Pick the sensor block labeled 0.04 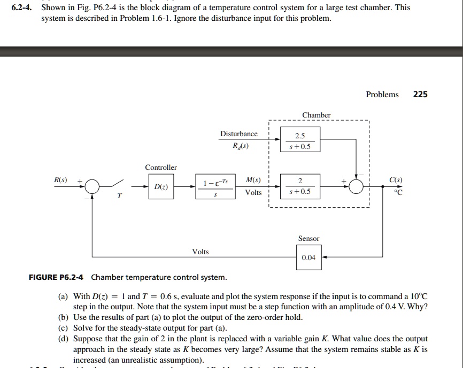(x=308, y=257)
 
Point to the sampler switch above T (x=119, y=185)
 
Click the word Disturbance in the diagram (x=238, y=134)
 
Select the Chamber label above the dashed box (x=317, y=115)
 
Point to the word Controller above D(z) (x=161, y=167)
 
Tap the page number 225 (x=420, y=95)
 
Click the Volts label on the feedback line (x=200, y=252)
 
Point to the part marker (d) (x=63, y=339)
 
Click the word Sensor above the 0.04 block (x=308, y=238)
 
